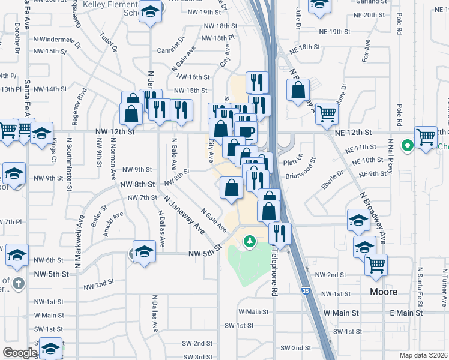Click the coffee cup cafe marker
[x=246, y=133]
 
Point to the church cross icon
[x=19, y=283]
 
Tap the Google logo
[x=20, y=353]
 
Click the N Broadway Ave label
[x=373, y=218]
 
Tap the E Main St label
[x=406, y=313]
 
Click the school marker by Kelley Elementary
[x=149, y=13]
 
